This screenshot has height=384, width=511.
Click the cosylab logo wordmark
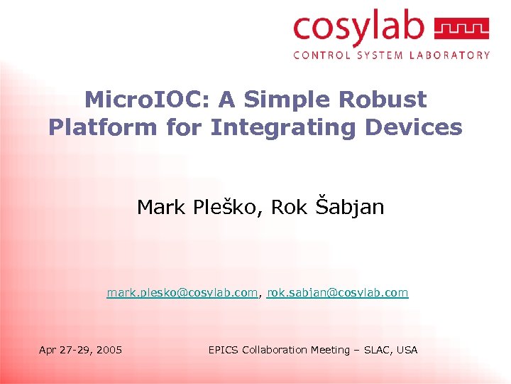click(358, 28)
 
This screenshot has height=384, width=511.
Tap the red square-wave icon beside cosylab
click(461, 29)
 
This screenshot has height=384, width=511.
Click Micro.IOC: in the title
click(140, 100)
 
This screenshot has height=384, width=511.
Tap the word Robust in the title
click(384, 100)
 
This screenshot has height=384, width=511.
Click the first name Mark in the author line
click(160, 207)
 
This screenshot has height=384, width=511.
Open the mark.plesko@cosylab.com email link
click(182, 293)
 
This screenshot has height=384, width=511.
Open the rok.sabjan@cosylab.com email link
click(339, 293)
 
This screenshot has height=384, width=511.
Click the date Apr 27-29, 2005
click(80, 350)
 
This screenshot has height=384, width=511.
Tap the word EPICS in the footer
click(224, 350)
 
